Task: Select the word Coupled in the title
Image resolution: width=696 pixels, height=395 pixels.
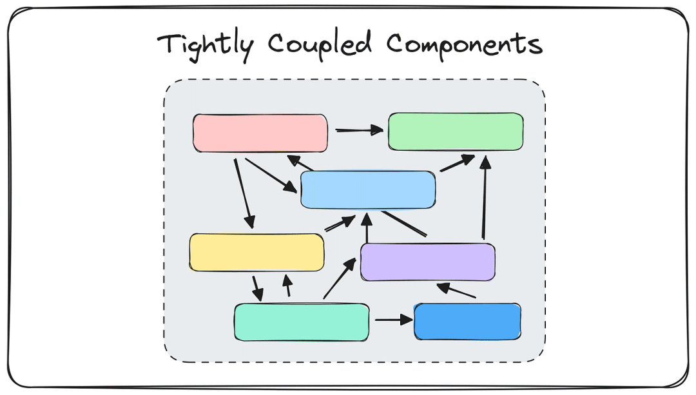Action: (319, 45)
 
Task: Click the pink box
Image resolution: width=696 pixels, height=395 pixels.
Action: (260, 133)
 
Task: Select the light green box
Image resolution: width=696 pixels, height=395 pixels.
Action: (456, 131)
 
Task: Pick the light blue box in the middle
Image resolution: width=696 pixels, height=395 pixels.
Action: (367, 189)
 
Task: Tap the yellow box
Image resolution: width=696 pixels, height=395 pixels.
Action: (256, 252)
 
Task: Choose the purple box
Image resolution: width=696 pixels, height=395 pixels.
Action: (427, 262)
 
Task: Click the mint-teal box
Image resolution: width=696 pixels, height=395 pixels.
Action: (302, 322)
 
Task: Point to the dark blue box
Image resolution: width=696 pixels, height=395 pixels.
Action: (467, 322)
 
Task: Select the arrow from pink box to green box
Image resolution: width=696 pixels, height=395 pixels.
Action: (359, 130)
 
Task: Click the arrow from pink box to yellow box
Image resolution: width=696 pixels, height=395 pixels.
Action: (245, 194)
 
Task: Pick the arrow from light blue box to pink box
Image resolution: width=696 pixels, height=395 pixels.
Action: (300, 162)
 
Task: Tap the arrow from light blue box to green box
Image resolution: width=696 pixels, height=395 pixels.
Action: (457, 163)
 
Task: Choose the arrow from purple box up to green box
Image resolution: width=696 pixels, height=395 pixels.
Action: (485, 197)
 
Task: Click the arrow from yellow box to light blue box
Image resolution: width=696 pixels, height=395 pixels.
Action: (340, 223)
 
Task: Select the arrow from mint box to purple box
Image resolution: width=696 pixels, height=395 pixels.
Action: (340, 278)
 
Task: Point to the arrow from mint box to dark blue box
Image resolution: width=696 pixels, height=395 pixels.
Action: (394, 320)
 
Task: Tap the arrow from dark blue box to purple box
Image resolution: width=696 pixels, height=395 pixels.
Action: (456, 291)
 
